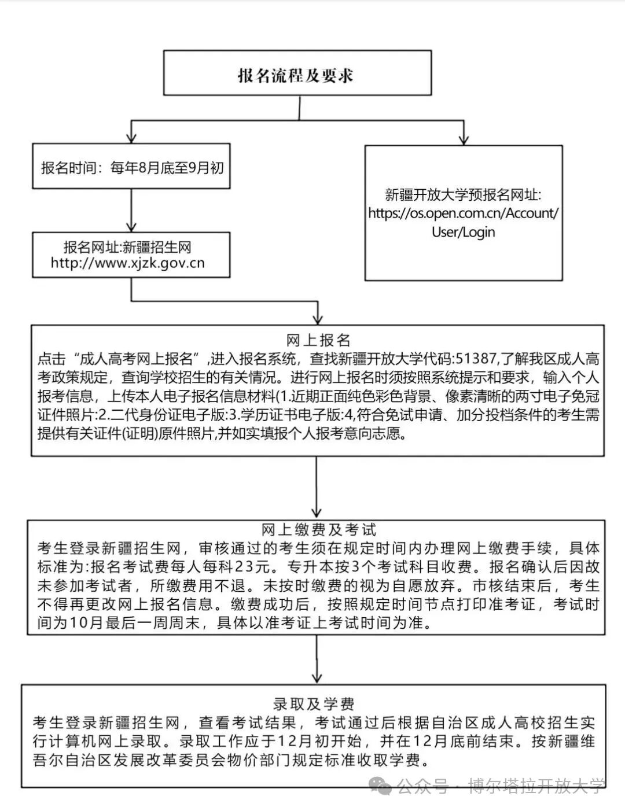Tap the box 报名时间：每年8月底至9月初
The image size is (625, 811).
pyautogui.click(x=131, y=168)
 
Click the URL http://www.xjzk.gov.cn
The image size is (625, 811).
pyautogui.click(x=128, y=263)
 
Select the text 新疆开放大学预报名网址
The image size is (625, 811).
pyautogui.click(x=463, y=194)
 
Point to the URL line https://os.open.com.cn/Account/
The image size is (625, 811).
pyautogui.click(x=463, y=213)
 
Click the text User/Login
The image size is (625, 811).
pyautogui.click(x=463, y=232)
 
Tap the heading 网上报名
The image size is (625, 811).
pyautogui.click(x=318, y=340)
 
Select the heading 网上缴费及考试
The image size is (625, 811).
pyautogui.click(x=318, y=529)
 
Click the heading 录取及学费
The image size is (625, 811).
pyautogui.click(x=314, y=704)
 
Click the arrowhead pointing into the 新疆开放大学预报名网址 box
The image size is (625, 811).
pyautogui.click(x=463, y=139)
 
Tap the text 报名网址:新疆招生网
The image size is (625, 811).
pyautogui.click(x=127, y=248)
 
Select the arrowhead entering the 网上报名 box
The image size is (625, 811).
pyautogui.click(x=317, y=319)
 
